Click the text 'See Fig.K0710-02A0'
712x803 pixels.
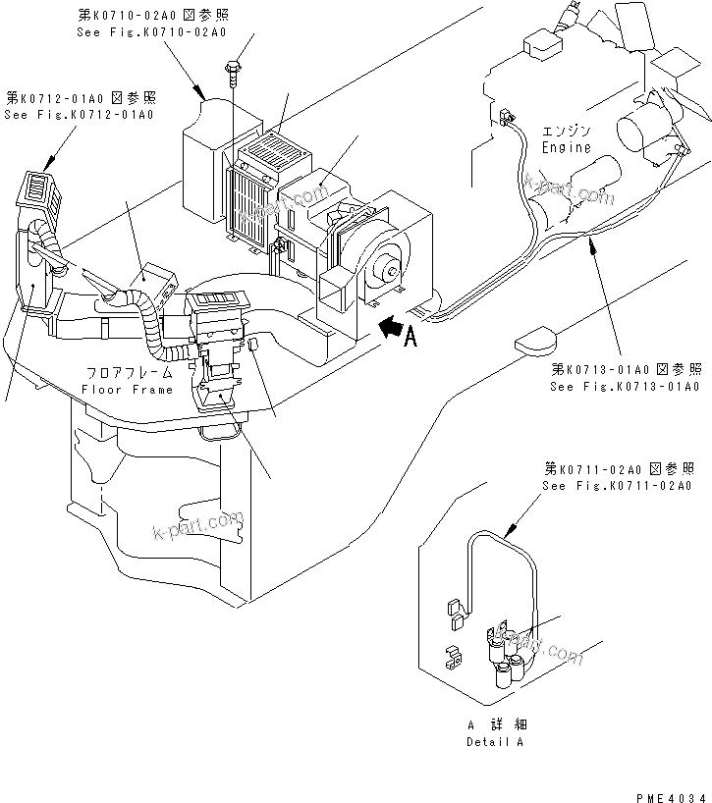coord(151,32)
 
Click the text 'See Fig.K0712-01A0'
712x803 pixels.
coord(79,115)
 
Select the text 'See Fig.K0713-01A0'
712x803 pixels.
coord(626,386)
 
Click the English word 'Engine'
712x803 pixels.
coord(567,147)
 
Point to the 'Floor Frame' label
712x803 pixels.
coord(129,390)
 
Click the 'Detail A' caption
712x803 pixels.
coord(496,742)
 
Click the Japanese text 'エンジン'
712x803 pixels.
coord(567,132)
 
